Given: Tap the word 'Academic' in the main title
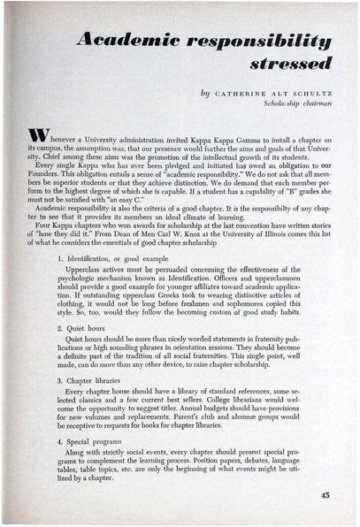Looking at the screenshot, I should [128, 38].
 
